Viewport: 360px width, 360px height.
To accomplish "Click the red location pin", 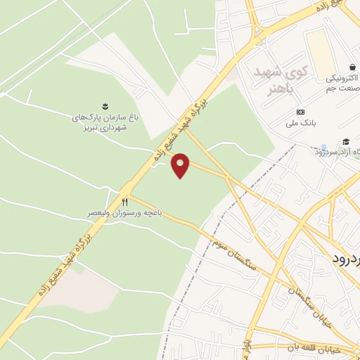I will (x=181, y=165).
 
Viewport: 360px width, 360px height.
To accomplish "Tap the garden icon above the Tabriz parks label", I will (x=105, y=107).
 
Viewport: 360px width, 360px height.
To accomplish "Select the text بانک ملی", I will (x=307, y=122).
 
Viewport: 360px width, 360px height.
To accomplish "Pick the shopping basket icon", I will (x=347, y=67).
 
